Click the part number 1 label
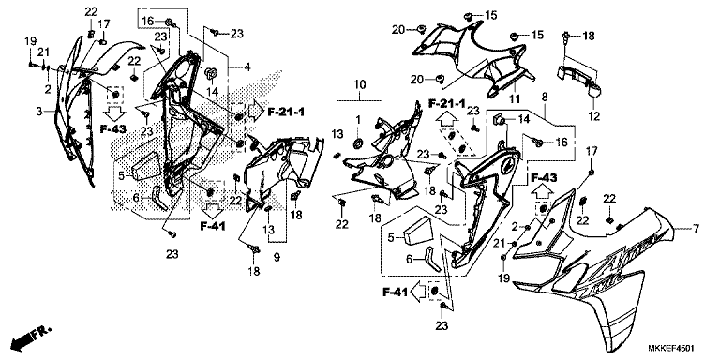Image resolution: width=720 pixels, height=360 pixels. coord(357,119)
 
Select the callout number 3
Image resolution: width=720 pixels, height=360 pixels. coord(40,112)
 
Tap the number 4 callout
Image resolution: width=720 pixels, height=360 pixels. coord(247,67)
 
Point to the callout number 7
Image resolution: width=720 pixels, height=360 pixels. coord(697,228)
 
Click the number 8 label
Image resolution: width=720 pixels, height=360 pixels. coord(545,97)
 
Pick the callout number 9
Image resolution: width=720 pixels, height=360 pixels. coord(277,258)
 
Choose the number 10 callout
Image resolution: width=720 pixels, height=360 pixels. coord(360,84)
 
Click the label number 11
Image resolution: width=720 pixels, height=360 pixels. coord(516,98)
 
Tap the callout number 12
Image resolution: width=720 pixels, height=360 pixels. coord(594,116)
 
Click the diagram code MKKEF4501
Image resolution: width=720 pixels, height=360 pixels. coord(671,348)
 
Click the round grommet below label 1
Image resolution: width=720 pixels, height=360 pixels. coord(357,143)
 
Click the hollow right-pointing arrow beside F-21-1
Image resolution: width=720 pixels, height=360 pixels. coord(256,111)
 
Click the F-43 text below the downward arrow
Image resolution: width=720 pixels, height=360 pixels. coord(113,128)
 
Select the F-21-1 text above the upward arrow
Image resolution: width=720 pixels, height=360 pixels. coord(447,103)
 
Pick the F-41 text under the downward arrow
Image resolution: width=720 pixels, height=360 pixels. coord(213,226)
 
